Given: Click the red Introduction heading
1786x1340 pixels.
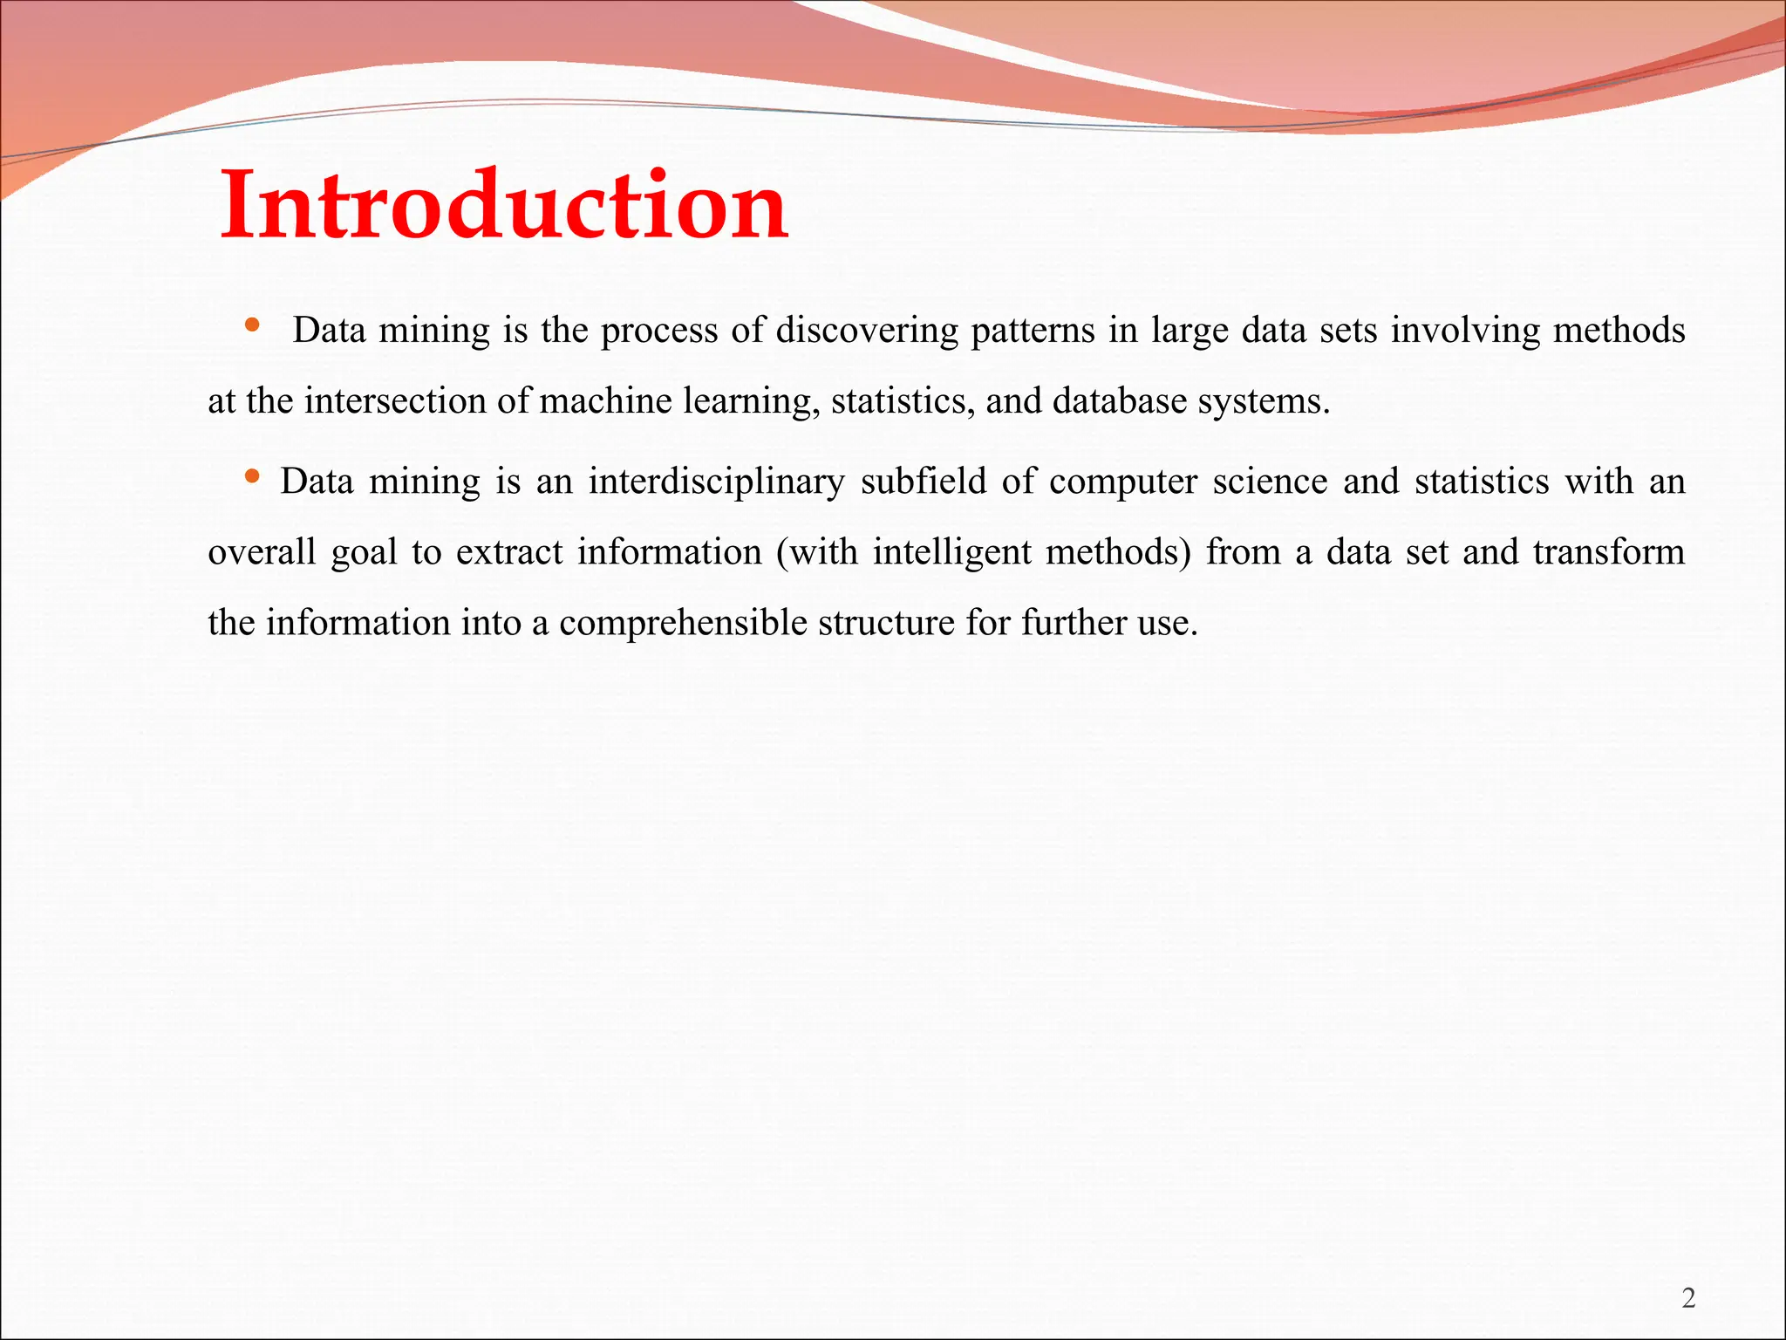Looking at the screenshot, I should (x=504, y=206).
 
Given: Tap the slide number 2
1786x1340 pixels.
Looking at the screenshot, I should (x=1688, y=1299).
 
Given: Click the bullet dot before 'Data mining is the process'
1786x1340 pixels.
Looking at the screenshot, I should (x=252, y=325).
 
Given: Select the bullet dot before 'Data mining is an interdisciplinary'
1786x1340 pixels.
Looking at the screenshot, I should (x=252, y=476).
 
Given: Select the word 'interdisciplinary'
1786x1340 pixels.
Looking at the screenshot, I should (x=716, y=482).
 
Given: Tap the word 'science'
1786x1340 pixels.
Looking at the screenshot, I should (x=1270, y=482).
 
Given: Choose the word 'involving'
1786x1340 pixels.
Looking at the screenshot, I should (x=1465, y=331).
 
